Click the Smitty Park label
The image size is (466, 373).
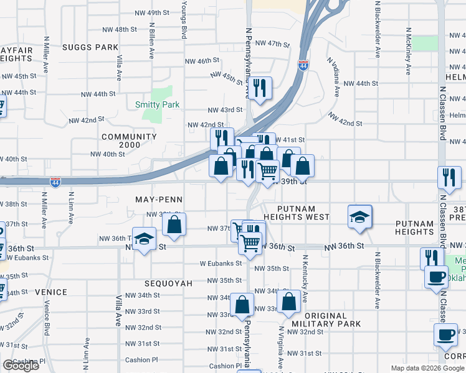157,105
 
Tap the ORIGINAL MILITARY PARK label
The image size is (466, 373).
323,320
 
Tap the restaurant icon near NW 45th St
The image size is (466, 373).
260,88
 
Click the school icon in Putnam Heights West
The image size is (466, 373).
359,216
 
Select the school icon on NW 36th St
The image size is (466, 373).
144,241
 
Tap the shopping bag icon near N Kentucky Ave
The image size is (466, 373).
290,302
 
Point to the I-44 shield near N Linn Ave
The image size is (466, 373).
55,182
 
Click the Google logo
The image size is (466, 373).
21,366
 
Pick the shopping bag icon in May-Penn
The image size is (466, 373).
174,224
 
